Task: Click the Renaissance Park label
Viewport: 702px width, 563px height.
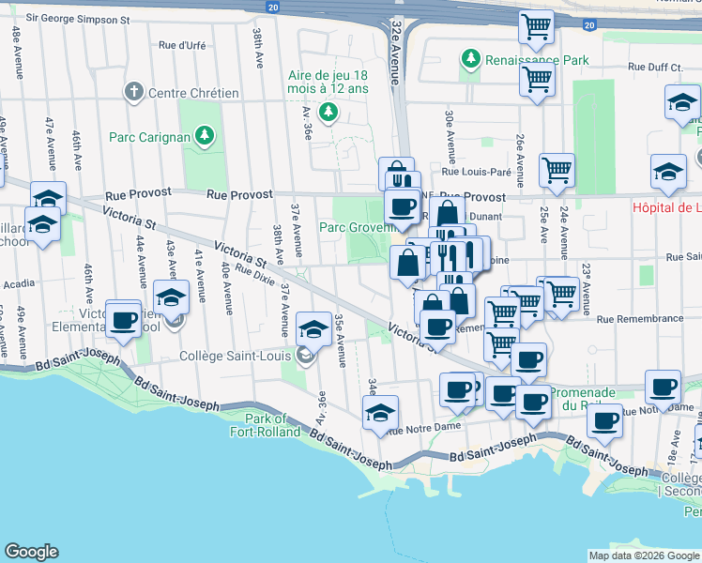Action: point(537,61)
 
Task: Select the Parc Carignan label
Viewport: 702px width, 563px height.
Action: point(149,137)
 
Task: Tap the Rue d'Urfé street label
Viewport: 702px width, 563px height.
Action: point(182,44)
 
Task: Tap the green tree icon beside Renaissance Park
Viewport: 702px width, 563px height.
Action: point(470,60)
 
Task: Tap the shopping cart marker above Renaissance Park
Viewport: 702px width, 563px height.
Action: point(537,29)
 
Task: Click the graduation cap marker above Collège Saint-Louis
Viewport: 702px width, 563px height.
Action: point(313,330)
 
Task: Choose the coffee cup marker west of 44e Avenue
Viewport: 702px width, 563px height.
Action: point(123,320)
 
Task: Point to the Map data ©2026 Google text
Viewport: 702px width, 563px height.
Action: point(644,555)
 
